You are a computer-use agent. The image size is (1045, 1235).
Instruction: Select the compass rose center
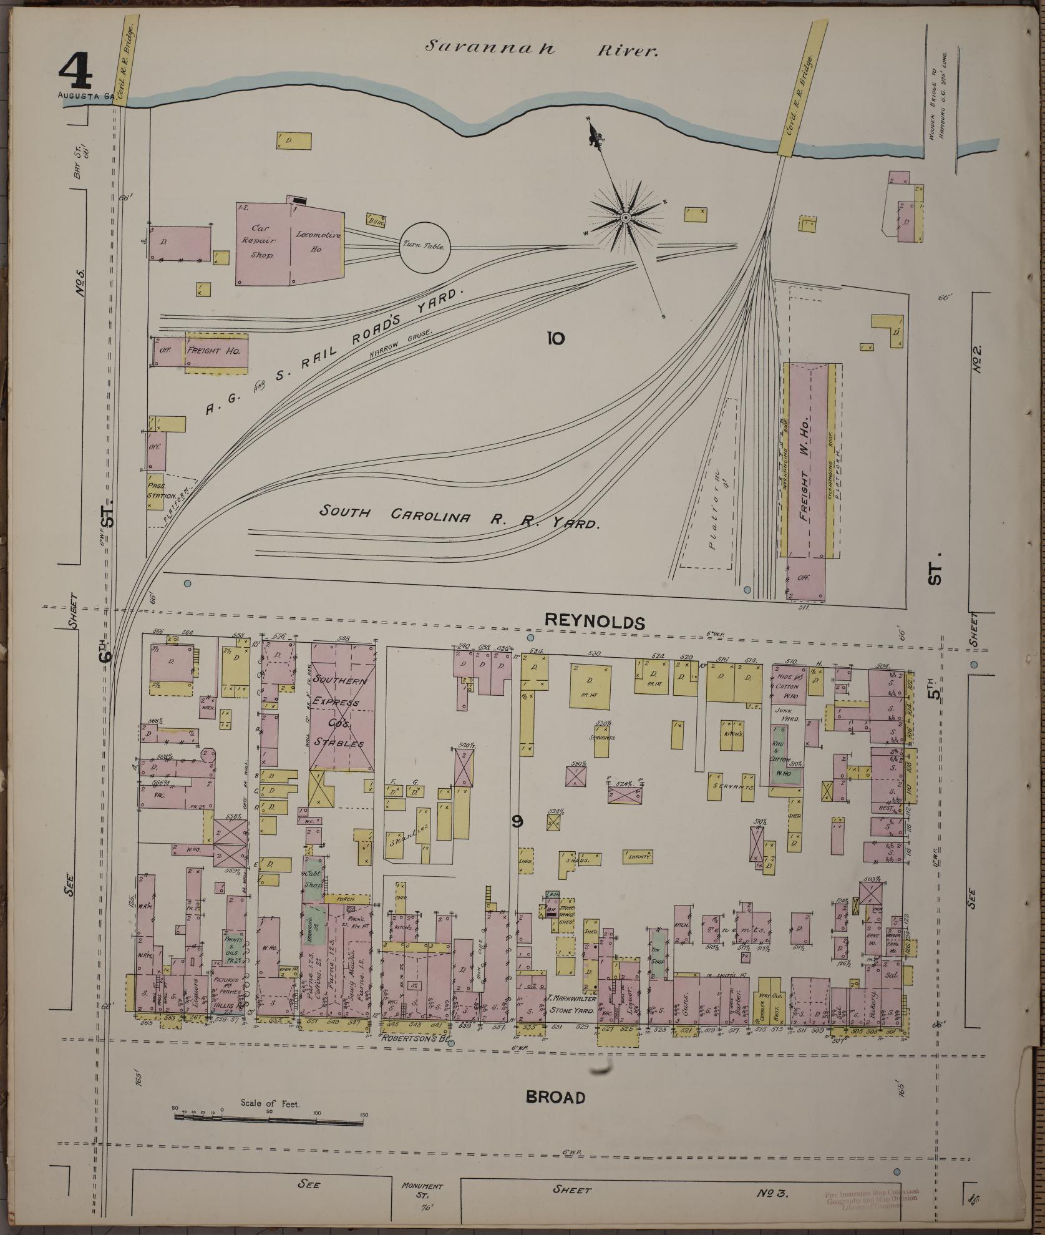point(625,217)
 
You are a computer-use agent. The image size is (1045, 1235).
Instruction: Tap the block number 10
point(555,338)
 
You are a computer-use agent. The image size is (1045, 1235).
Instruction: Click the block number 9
point(517,822)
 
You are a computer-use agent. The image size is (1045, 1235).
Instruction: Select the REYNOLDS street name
point(593,621)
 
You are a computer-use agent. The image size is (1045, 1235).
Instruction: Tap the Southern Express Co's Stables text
point(337,711)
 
